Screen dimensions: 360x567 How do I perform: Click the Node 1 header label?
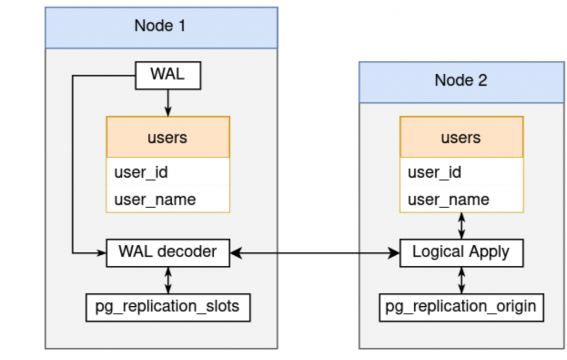pyautogui.click(x=161, y=26)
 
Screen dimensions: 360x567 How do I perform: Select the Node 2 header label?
pyautogui.click(x=461, y=80)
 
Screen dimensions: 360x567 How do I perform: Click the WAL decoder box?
pyautogui.click(x=168, y=253)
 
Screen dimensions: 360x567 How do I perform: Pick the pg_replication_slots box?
pyautogui.click(x=168, y=307)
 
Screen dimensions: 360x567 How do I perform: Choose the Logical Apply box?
pyautogui.click(x=461, y=253)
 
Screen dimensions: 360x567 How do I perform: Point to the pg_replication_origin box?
pyautogui.click(x=461, y=307)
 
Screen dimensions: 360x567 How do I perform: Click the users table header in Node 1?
pyautogui.click(x=168, y=137)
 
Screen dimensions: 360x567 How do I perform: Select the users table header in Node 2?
pyautogui.click(x=461, y=137)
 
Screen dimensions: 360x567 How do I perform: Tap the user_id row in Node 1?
pyautogui.click(x=168, y=172)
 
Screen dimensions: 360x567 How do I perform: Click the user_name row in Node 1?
pyautogui.click(x=168, y=199)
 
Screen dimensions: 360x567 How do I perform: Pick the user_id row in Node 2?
pyautogui.click(x=461, y=172)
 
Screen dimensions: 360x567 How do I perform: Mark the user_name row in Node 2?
pyautogui.click(x=461, y=199)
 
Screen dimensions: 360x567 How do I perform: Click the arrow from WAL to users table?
pyautogui.click(x=168, y=102)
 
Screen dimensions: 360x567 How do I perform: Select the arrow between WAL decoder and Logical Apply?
pyautogui.click(x=315, y=253)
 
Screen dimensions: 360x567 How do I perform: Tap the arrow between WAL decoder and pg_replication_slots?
pyautogui.click(x=168, y=280)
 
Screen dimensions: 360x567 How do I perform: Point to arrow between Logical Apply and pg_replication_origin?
pyautogui.click(x=461, y=280)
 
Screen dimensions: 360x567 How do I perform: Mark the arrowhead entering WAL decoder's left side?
pyautogui.click(x=101, y=253)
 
